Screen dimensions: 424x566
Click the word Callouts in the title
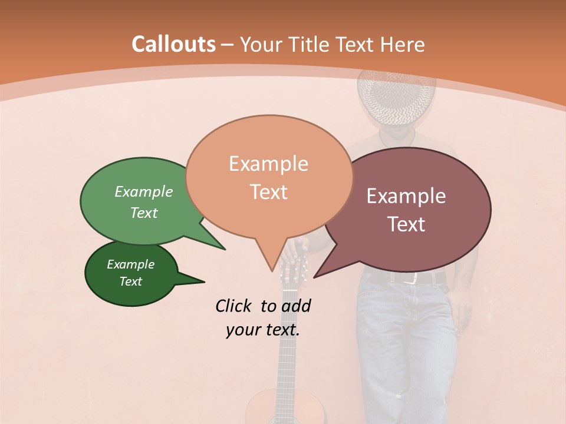[x=173, y=44]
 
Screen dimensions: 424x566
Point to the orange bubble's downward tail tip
[x=272, y=271]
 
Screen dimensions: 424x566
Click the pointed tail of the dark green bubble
[x=203, y=282]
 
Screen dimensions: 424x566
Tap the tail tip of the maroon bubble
[x=315, y=277]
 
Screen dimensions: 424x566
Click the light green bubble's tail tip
[x=225, y=249]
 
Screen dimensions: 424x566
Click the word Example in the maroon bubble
[x=406, y=196]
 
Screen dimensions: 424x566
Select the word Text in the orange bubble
[x=269, y=192]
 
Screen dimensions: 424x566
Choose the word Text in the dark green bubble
[x=131, y=281]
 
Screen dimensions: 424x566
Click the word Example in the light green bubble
[x=144, y=192]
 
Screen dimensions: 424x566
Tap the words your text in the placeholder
[x=263, y=330]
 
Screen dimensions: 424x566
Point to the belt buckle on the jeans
[x=413, y=277]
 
